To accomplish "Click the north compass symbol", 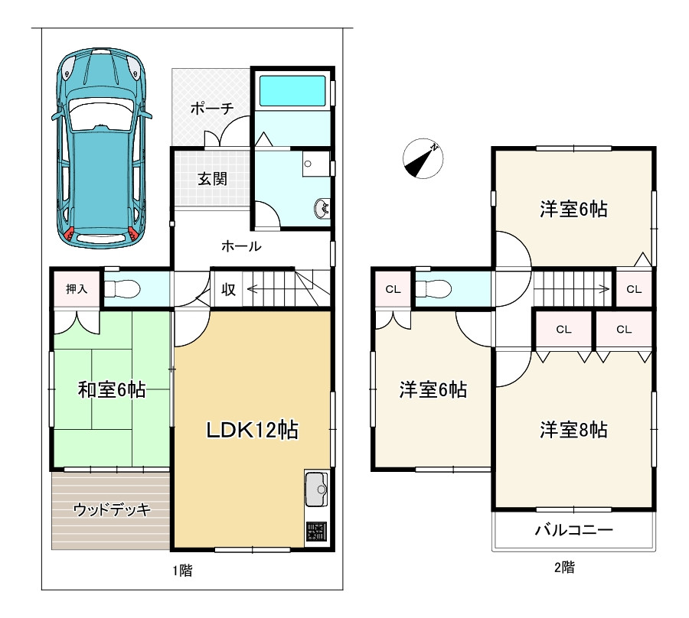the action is point(423,158).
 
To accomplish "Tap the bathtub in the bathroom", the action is point(292,91).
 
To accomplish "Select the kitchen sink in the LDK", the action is point(316,489).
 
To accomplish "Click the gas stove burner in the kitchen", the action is point(316,532).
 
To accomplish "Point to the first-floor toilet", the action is point(122,289).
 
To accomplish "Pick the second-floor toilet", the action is point(433,289).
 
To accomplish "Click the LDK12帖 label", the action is point(252,430).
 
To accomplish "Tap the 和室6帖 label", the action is point(112,389).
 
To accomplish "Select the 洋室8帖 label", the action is point(573,430).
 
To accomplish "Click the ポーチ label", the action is point(212,108).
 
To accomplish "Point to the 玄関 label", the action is point(212,179).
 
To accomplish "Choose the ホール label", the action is point(241,246).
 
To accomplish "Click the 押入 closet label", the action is point(77,289).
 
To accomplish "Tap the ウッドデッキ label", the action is point(112,509).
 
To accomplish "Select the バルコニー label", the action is point(574,530).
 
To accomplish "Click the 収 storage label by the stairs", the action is point(228,289).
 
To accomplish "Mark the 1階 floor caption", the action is point(182,571).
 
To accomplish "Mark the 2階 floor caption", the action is point(564,567).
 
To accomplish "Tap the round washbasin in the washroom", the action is point(322,208).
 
